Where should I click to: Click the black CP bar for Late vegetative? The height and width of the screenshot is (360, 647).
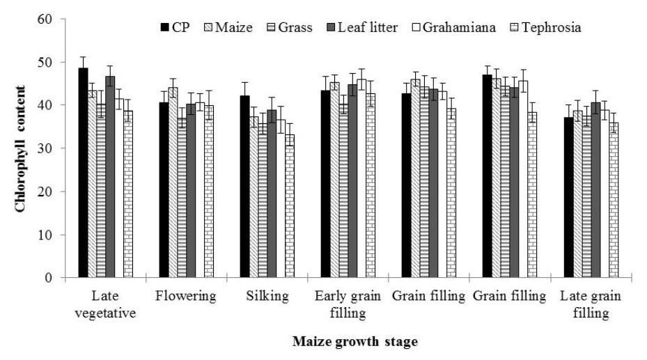(83, 174)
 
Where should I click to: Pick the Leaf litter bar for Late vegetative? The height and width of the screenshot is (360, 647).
(110, 178)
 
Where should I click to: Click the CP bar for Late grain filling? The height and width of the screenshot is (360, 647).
(568, 198)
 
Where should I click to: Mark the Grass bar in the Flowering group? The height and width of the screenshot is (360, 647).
(182, 198)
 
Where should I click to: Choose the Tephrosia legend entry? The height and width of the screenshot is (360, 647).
(543, 28)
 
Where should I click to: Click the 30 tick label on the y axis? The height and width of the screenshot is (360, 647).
(46, 148)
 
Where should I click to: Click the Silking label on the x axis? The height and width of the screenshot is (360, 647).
(267, 296)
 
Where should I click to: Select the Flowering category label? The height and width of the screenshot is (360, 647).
(187, 296)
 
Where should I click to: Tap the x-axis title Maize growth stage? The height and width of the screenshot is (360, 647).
(355, 342)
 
